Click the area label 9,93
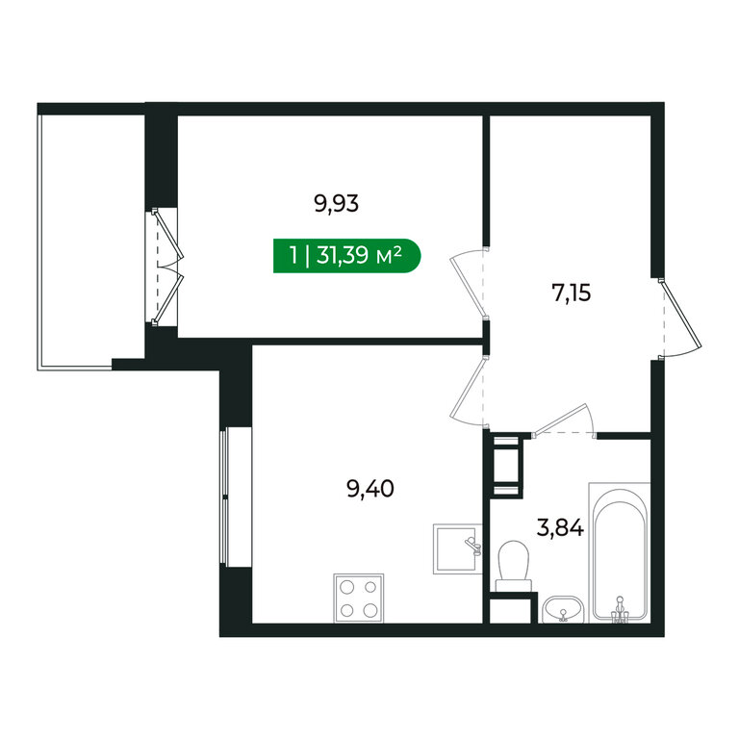tap(336, 205)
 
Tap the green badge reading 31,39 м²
tap(346, 256)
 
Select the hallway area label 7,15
tap(572, 293)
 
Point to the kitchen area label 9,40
tap(370, 489)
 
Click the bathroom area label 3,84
tap(560, 528)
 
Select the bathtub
tap(620, 552)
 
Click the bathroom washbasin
tap(563, 609)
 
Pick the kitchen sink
tap(458, 548)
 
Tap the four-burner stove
tap(359, 599)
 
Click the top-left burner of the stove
tap(346, 587)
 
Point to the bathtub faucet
tap(621, 610)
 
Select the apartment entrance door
tap(680, 319)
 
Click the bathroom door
tap(565, 420)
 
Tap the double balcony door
tap(166, 268)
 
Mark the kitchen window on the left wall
tap(224, 497)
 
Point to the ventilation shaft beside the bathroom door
tap(506, 466)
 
